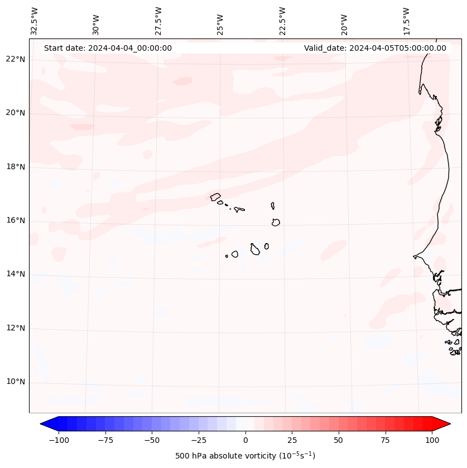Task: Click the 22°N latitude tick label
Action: tap(15, 59)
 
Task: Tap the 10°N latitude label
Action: tap(15, 382)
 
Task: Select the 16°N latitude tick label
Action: tap(15, 221)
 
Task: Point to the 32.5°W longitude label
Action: tap(35, 22)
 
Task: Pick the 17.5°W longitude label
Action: tap(406, 22)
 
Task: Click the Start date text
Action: tap(108, 48)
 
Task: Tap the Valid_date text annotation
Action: tap(375, 48)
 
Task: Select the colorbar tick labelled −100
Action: tap(59, 440)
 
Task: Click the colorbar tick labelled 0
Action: tap(245, 440)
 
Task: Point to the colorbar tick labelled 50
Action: tap(339, 440)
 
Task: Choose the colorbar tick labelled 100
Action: tap(432, 440)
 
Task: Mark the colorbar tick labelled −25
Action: tap(199, 440)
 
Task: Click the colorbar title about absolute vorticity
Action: tap(245, 456)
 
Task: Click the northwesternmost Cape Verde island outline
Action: tap(215, 196)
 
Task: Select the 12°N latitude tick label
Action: tap(15, 329)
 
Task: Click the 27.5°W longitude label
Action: tap(158, 22)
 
